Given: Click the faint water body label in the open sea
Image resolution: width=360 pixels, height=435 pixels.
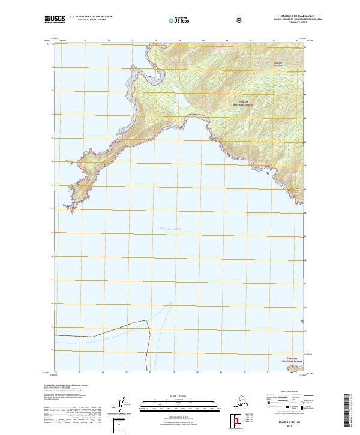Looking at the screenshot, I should point(170,229).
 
